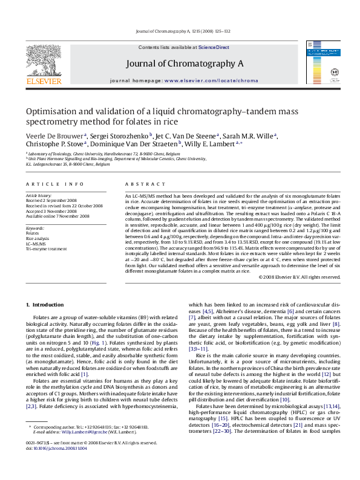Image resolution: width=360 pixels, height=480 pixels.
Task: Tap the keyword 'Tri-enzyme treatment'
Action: click(x=46, y=248)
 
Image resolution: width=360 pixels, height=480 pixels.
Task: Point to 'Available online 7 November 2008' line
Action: click(x=57, y=216)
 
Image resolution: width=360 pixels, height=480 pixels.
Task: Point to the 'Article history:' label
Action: click(x=38, y=196)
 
